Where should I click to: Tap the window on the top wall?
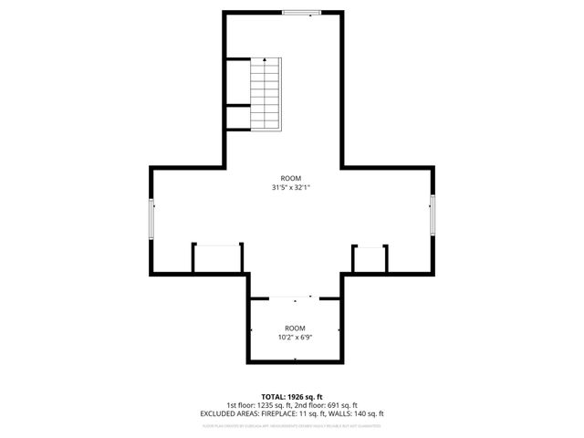[301, 13]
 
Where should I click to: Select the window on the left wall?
[152, 216]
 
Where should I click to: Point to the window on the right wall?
[433, 216]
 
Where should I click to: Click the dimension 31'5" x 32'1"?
[292, 188]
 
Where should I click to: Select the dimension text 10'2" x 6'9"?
[294, 336]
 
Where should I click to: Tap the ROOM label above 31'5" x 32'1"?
[292, 178]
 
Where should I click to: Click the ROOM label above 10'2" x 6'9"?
[294, 327]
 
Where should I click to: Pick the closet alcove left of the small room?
[217, 258]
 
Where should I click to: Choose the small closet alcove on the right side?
[370, 259]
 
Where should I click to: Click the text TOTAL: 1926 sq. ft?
[292, 397]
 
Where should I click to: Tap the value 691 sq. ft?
[341, 405]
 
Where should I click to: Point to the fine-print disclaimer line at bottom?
[292, 425]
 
